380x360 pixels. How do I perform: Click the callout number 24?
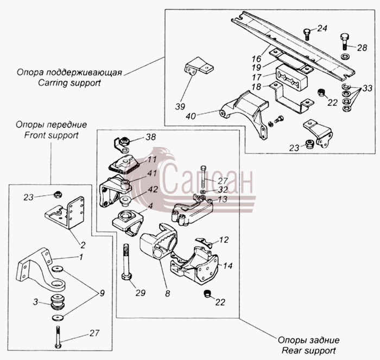[322, 29]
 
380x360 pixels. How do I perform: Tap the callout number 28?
[362, 48]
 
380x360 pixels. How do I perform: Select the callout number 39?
[180, 106]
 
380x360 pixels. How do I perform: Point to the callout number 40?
[191, 116]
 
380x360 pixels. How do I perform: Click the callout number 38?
[150, 137]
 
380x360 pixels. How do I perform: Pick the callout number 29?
[140, 293]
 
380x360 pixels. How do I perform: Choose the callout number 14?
[227, 266]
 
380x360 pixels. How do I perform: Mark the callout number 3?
[36, 302]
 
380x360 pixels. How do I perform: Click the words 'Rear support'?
[309, 350]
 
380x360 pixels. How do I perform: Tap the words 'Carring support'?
[69, 83]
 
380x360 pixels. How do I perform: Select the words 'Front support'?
[52, 135]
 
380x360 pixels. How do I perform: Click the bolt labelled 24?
[307, 34]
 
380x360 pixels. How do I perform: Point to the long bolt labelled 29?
[126, 262]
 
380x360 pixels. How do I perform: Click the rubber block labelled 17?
[292, 77]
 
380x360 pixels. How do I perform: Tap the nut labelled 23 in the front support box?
[58, 194]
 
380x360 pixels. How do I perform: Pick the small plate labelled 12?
[204, 242]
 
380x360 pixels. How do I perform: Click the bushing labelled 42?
[125, 202]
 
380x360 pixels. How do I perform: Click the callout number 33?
[367, 88]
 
